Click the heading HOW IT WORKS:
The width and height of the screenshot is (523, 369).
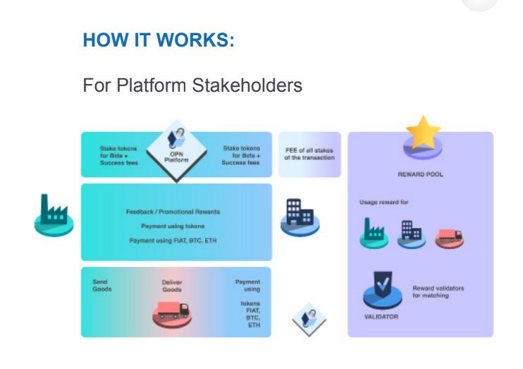pyautogui.click(x=158, y=40)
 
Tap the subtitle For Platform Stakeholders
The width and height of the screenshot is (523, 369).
pyautogui.click(x=192, y=86)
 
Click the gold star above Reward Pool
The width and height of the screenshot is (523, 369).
pyautogui.click(x=423, y=132)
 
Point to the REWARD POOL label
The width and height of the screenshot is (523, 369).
pyautogui.click(x=420, y=174)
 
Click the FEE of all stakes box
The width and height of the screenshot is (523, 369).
pyautogui.click(x=309, y=154)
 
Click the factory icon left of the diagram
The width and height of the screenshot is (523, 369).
pyautogui.click(x=54, y=217)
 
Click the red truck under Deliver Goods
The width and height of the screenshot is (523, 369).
pyautogui.click(x=172, y=311)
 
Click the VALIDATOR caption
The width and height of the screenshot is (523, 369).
pyautogui.click(x=381, y=317)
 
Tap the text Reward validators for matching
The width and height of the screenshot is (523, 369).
pyautogui.click(x=438, y=291)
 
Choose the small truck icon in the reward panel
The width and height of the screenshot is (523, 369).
pyautogui.click(x=449, y=237)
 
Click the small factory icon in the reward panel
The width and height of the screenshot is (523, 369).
pyautogui.click(x=374, y=232)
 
